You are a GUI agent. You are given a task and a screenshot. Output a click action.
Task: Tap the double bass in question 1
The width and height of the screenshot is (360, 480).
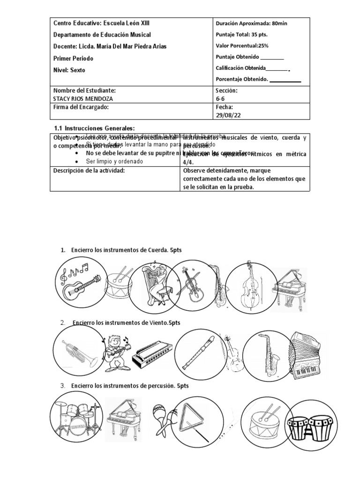pyautogui.click(x=249, y=286)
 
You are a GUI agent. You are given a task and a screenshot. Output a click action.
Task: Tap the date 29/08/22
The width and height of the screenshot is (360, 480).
pyautogui.click(x=228, y=115)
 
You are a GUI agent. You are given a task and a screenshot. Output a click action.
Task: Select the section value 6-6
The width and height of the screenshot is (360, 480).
pyautogui.click(x=220, y=98)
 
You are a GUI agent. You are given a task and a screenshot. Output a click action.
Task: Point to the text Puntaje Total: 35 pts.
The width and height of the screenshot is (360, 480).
pyautogui.click(x=241, y=34)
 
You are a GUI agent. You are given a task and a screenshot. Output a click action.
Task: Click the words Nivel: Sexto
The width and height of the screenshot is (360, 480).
pyautogui.click(x=70, y=70)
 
